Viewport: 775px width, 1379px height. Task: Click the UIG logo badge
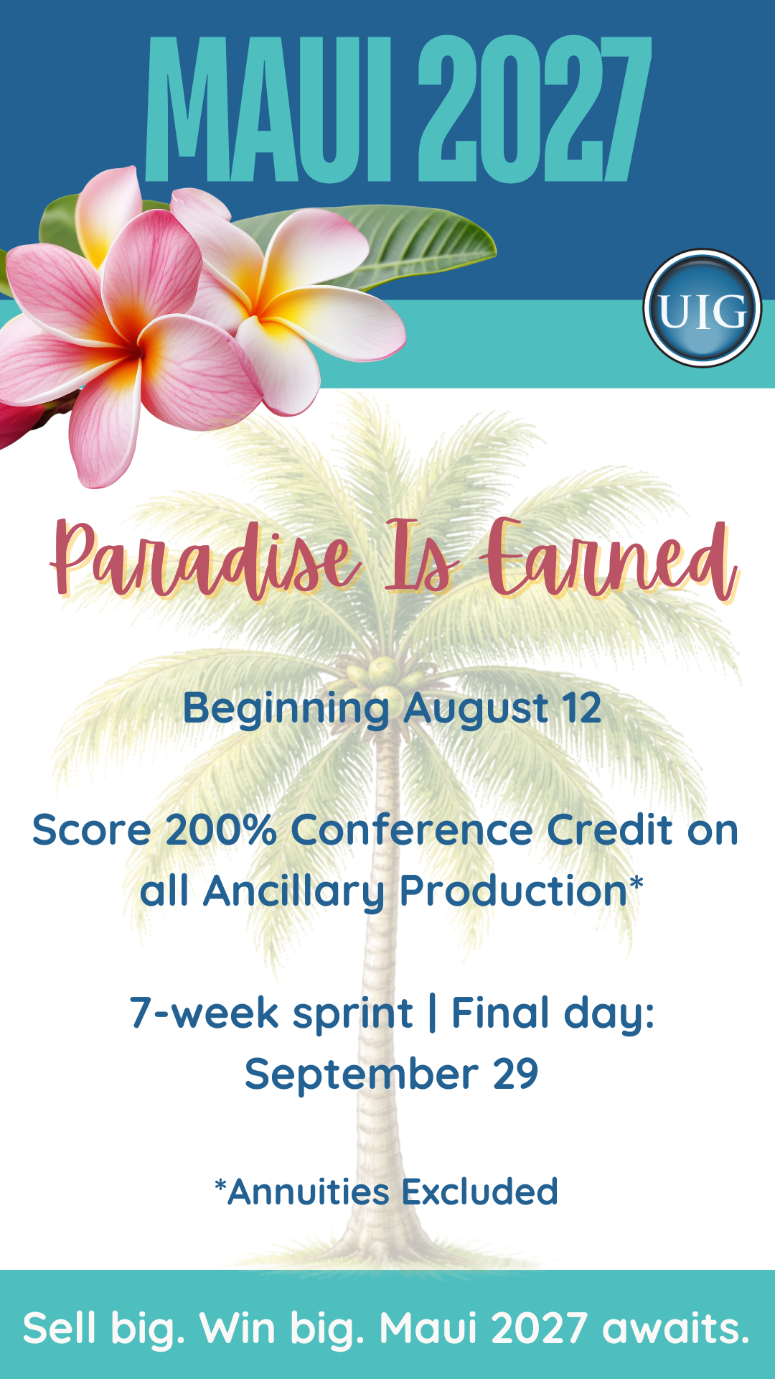(x=702, y=308)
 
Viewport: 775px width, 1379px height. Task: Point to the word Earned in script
(x=610, y=560)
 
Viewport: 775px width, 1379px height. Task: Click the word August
(x=476, y=710)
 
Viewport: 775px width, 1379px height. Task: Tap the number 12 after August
(x=582, y=708)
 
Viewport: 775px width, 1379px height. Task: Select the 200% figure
(x=221, y=830)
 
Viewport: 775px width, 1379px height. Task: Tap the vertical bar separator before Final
(x=432, y=1013)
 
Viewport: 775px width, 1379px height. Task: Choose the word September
(x=362, y=1075)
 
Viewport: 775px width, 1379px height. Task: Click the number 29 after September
(x=515, y=1074)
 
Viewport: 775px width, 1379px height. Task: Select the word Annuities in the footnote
(x=309, y=1192)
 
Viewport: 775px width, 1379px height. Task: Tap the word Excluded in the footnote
(x=479, y=1192)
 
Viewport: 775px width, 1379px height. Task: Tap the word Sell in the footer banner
(x=60, y=1329)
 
